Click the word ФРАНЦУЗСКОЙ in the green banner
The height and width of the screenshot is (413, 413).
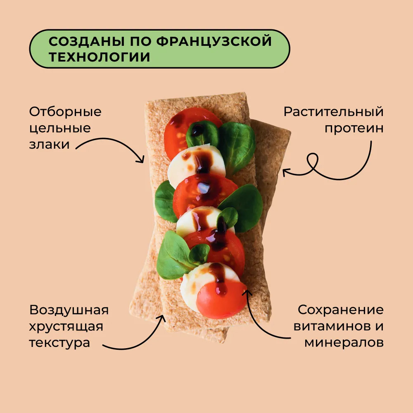click(x=214, y=41)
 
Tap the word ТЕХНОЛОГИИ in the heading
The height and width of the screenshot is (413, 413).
click(x=99, y=57)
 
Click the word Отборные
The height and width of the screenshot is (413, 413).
click(x=65, y=112)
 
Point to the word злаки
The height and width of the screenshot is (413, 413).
click(x=49, y=145)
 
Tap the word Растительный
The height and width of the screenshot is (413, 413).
click(x=333, y=112)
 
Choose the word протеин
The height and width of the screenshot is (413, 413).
click(x=354, y=128)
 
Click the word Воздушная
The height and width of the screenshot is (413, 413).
click(x=69, y=310)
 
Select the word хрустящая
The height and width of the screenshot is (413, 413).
click(x=66, y=327)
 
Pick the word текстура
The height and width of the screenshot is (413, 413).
click(x=59, y=343)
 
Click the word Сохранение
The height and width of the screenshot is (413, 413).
click(x=341, y=310)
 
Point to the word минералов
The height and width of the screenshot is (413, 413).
click(x=344, y=343)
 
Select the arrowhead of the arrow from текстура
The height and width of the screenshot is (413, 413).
click(x=161, y=318)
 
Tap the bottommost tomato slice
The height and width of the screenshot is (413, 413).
click(x=221, y=300)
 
